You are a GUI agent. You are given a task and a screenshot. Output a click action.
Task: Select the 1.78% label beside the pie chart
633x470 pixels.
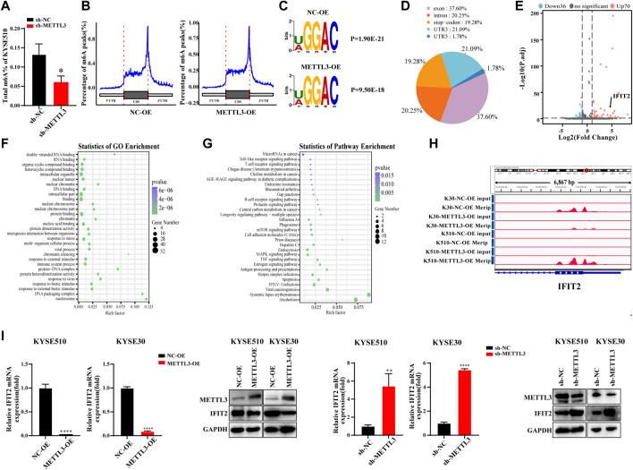(475, 67)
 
